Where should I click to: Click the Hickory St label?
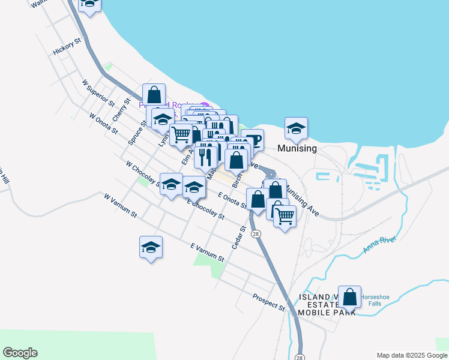pos(66,47)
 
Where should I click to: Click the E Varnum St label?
pos(207,252)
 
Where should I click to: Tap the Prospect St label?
pos(268,302)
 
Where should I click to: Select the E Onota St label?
pos(233,200)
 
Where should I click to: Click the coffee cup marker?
pos(253,140)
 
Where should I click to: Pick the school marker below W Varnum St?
pos(151,247)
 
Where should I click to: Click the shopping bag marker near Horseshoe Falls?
pos(349,296)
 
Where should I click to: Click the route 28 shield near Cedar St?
pos(256,233)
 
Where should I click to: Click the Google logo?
pos(20,353)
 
